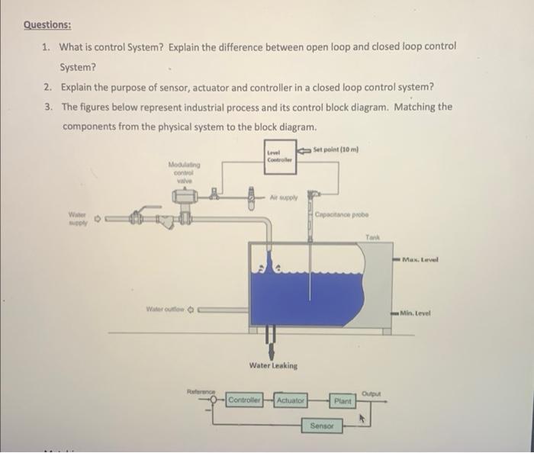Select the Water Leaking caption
(273, 366)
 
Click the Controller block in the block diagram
(245, 400)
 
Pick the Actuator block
(290, 400)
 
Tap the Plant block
(343, 400)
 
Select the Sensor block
(322, 426)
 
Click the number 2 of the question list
(47, 86)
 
